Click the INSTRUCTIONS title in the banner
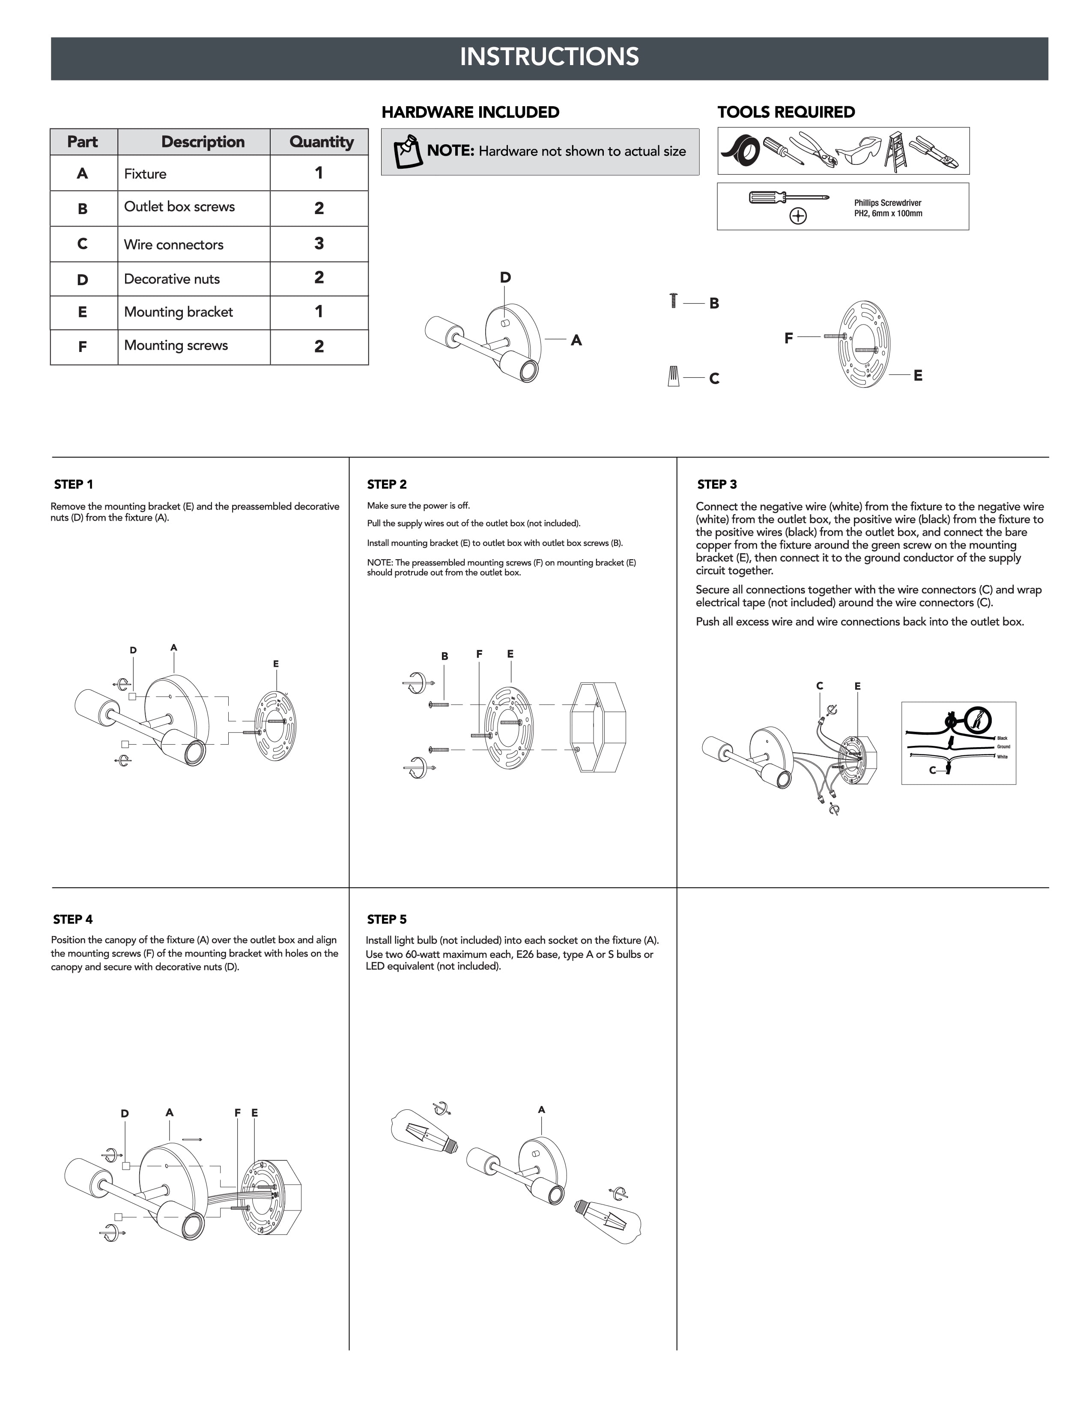549,57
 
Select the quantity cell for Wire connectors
319,244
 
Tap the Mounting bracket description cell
179,312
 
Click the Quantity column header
321,142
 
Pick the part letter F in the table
83,347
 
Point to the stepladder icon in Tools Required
895,152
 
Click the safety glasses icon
859,150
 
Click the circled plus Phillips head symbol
798,216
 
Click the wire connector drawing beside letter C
674,376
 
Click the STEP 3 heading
717,485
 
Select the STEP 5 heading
387,919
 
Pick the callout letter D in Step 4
125,1113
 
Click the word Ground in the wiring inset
1003,747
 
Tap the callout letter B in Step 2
445,656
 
